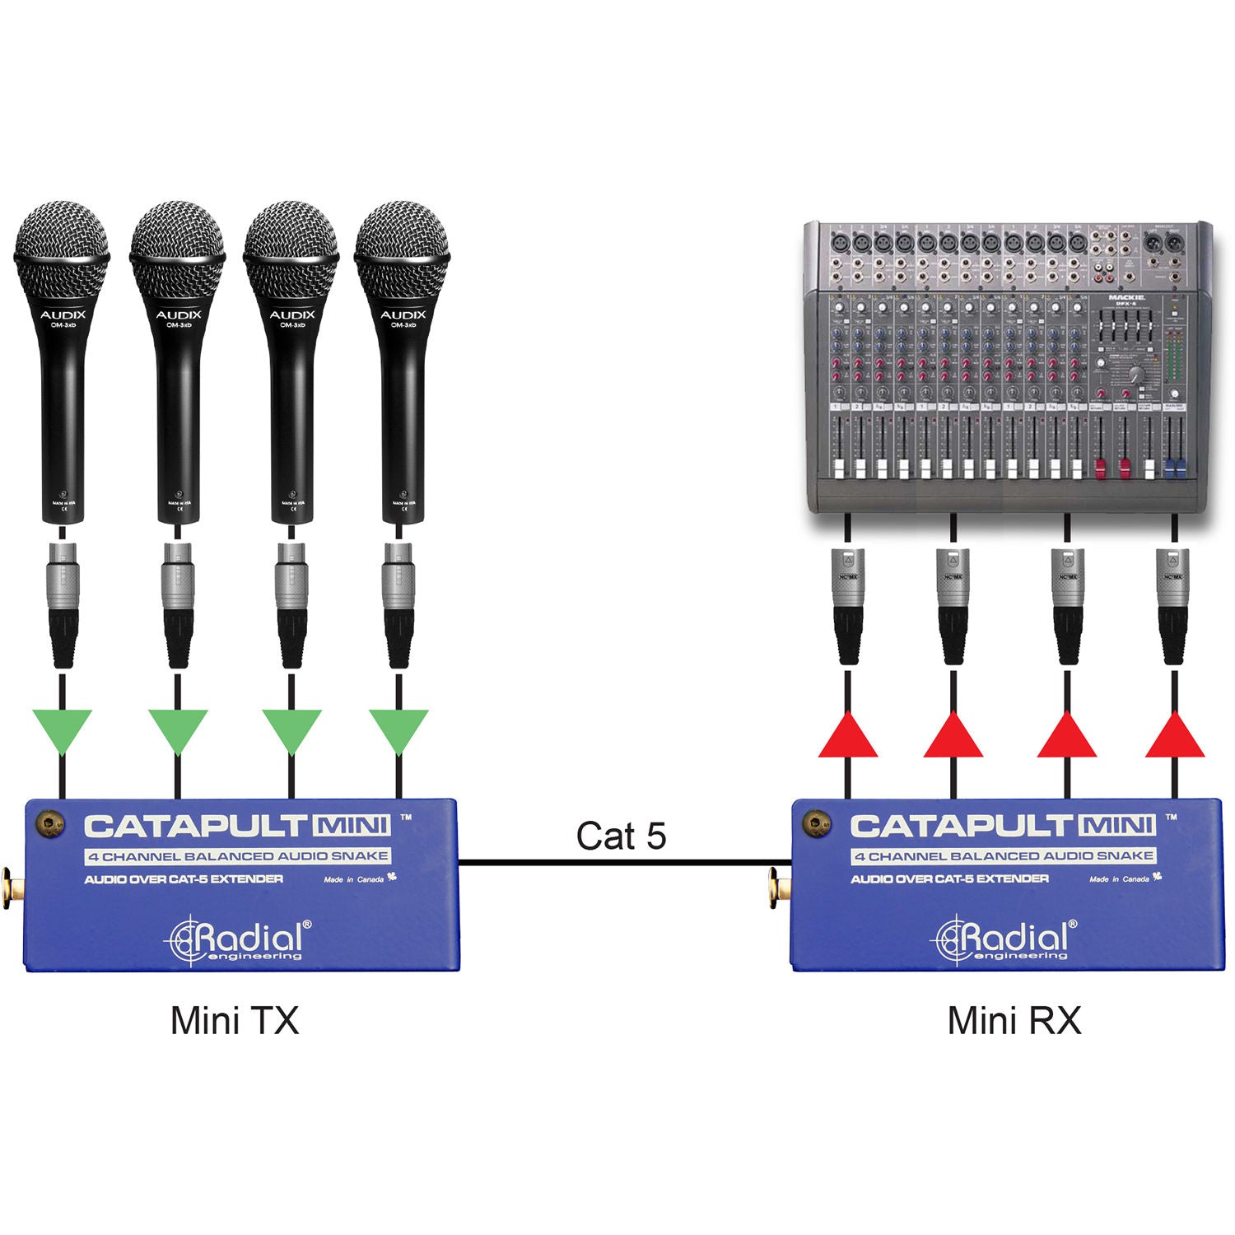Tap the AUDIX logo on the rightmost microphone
click(x=403, y=315)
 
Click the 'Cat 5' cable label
click(x=621, y=836)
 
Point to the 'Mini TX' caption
click(x=235, y=1021)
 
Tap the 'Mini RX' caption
click(x=1014, y=1021)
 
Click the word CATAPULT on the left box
click(x=195, y=826)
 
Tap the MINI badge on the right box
click(x=1118, y=825)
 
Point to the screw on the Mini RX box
click(x=817, y=823)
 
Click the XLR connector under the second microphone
click(x=177, y=603)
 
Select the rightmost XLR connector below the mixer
click(x=1173, y=605)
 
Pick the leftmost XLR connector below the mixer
click(x=848, y=605)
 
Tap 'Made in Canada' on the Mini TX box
click(x=354, y=879)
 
